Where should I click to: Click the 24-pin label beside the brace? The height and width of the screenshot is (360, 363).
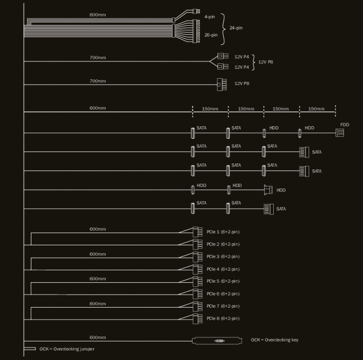(x=236, y=27)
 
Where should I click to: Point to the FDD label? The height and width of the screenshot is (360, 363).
(x=345, y=124)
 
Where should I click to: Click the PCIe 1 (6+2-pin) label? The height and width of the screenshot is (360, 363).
(x=223, y=232)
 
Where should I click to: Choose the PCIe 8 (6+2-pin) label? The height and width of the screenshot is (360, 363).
(x=223, y=318)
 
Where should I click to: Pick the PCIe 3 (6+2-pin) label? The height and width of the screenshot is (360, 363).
(x=223, y=256)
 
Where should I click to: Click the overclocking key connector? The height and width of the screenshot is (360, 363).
(x=219, y=341)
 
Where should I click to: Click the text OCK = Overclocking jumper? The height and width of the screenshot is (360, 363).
(x=67, y=349)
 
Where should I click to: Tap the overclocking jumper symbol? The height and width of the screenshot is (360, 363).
(x=30, y=349)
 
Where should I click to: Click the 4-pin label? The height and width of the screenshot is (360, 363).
(x=210, y=17)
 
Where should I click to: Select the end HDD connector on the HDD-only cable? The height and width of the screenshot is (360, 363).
(x=268, y=189)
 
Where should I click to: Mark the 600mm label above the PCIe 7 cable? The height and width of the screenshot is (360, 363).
(x=98, y=304)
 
